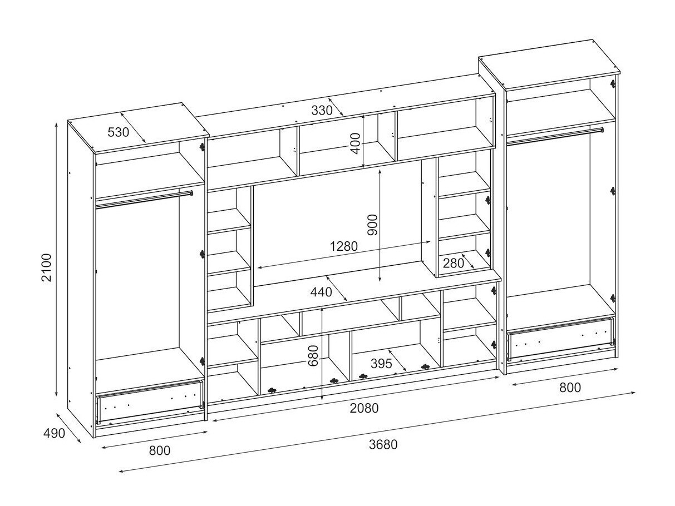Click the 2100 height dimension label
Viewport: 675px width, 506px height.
pyautogui.click(x=47, y=267)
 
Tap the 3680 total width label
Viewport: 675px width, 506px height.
pyautogui.click(x=383, y=445)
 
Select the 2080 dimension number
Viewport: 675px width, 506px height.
pyautogui.click(x=364, y=408)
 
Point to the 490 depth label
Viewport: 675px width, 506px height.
pyautogui.click(x=54, y=433)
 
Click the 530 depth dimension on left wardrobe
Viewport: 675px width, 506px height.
pyautogui.click(x=119, y=132)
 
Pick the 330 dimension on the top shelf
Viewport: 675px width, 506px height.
pyautogui.click(x=322, y=110)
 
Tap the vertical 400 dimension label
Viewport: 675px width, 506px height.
pyautogui.click(x=356, y=143)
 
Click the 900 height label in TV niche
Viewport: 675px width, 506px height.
pyautogui.click(x=372, y=225)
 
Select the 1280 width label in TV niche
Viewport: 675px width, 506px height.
pyautogui.click(x=344, y=246)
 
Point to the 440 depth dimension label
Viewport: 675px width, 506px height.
pyautogui.click(x=321, y=292)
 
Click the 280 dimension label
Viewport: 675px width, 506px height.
pyautogui.click(x=454, y=263)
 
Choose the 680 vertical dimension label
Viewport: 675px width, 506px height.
pyautogui.click(x=313, y=356)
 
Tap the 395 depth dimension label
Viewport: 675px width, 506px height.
pyautogui.click(x=381, y=364)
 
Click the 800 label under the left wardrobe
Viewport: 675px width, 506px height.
pyautogui.click(x=160, y=451)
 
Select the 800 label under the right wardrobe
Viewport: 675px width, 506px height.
pyautogui.click(x=570, y=388)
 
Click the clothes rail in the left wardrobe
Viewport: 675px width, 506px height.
pyautogui.click(x=144, y=200)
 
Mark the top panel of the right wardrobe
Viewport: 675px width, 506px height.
pyautogui.click(x=549, y=65)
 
